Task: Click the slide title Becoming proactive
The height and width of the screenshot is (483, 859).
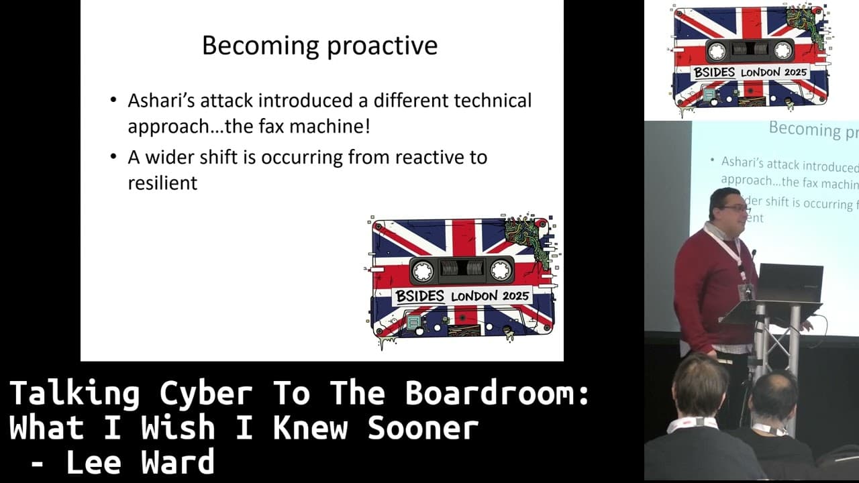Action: (319, 46)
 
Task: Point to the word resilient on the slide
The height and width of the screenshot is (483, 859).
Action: (162, 182)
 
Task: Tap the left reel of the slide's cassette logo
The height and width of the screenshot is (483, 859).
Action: (422, 270)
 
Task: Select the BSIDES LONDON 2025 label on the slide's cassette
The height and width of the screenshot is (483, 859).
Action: (462, 295)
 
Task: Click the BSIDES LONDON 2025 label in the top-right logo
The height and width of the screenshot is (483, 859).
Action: (750, 72)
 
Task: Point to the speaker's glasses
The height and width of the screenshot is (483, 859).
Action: (735, 209)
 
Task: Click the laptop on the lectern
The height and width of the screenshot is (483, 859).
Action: (790, 283)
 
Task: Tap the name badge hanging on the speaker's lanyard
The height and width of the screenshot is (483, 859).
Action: (746, 290)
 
